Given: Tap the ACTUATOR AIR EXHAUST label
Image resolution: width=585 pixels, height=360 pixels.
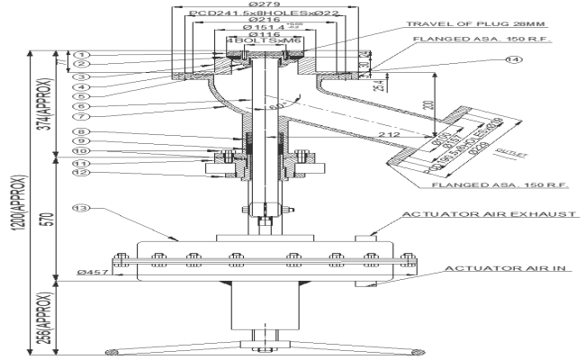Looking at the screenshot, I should coord(489,215).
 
